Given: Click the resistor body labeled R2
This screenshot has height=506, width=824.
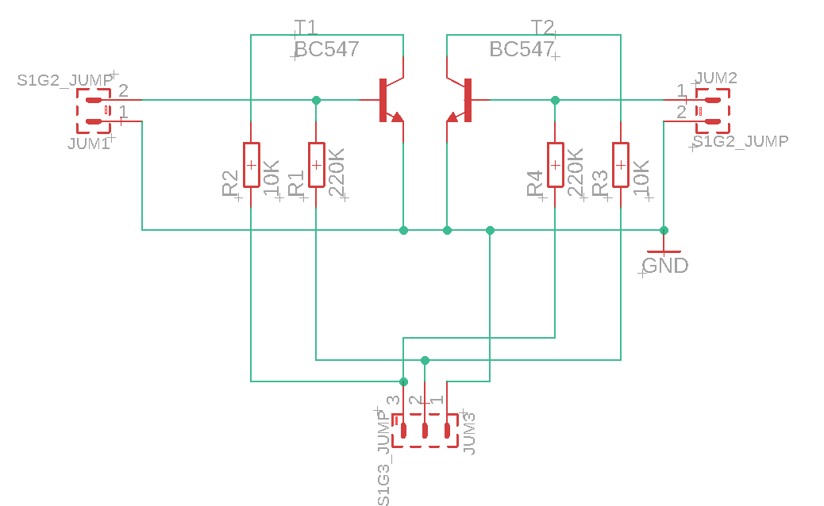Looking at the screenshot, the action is click(x=251, y=165).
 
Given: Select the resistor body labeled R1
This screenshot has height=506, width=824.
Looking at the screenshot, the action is click(x=316, y=165).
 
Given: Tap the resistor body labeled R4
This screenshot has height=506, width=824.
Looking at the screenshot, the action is click(x=556, y=165).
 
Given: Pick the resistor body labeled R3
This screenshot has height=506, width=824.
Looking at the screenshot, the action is click(x=621, y=165).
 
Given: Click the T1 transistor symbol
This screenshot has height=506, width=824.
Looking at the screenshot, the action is click(x=389, y=100).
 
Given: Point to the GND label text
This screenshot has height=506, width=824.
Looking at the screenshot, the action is click(x=665, y=266).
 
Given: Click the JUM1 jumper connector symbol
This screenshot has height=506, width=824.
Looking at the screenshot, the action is click(x=94, y=111).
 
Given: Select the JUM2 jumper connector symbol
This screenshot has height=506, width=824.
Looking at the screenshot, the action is click(x=713, y=111).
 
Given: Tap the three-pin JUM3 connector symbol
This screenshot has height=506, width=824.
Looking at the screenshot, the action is click(x=425, y=431).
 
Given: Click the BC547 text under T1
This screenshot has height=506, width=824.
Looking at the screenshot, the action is click(x=326, y=49).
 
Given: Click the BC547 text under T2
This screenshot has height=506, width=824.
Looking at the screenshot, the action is click(x=522, y=49).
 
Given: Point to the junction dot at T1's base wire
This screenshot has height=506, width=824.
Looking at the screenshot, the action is click(x=316, y=100).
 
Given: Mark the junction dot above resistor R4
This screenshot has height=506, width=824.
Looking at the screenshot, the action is click(x=556, y=100).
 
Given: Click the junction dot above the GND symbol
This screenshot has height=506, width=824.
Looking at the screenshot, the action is click(x=664, y=230).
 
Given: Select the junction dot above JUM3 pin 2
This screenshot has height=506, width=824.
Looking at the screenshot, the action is click(x=425, y=360).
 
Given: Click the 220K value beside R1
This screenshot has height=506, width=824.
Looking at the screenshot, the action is click(x=337, y=172).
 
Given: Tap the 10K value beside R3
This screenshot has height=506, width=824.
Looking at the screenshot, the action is click(x=641, y=178).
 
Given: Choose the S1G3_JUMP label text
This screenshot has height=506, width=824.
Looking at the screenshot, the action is click(x=384, y=458).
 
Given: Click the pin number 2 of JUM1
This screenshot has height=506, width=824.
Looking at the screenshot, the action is click(x=123, y=90).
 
